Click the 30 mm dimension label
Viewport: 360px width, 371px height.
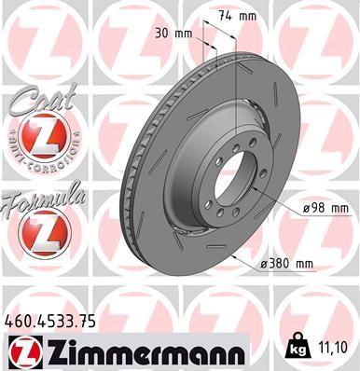coord(176,34)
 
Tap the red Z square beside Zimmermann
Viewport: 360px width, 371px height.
coord(20,352)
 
